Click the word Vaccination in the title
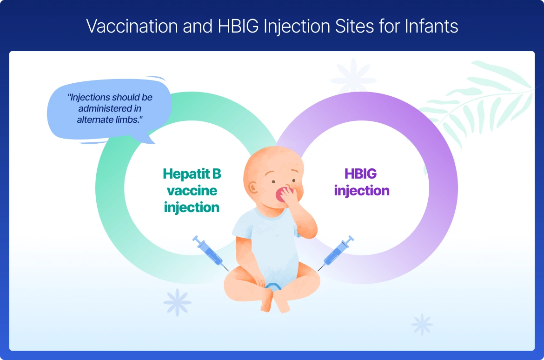click(132, 26)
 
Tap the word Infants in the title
click(431, 26)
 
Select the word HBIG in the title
click(238, 26)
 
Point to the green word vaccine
click(192, 191)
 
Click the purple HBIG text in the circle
click(360, 173)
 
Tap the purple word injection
click(362, 191)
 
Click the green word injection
click(192, 207)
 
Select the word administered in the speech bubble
click(110, 108)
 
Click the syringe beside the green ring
click(210, 253)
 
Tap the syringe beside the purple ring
click(336, 253)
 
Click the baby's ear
click(253, 188)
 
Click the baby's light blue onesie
click(268, 247)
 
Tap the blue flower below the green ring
click(177, 302)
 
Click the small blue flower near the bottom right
click(422, 325)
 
